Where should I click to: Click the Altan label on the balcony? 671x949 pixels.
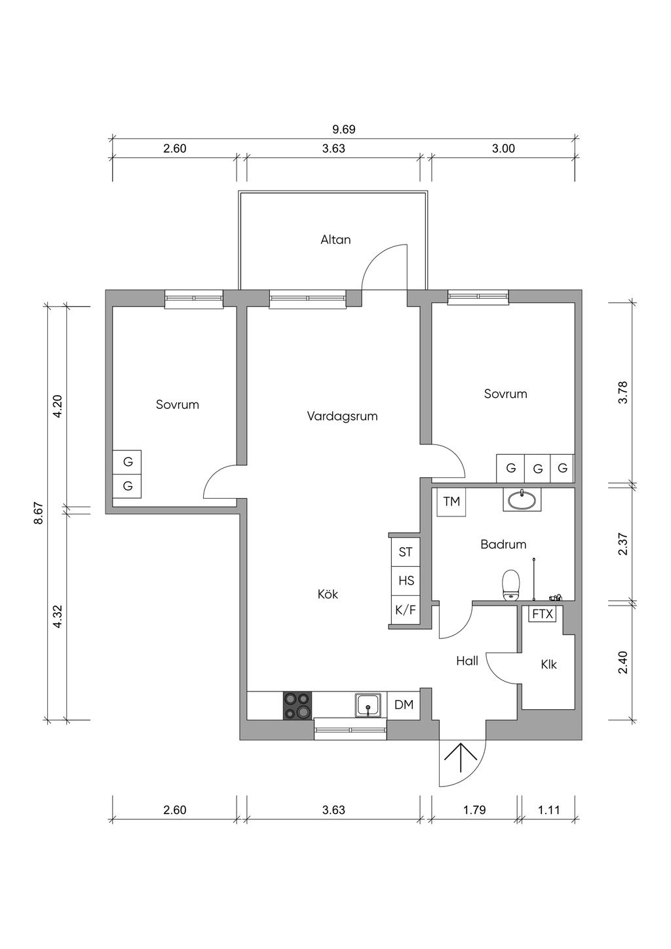coord(335,240)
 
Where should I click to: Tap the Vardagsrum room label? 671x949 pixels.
coord(342,416)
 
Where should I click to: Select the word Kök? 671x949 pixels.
coord(328,594)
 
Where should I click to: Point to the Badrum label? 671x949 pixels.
coord(503,545)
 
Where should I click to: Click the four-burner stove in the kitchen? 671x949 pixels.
coord(297,705)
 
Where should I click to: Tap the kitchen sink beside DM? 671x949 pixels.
coord(368,705)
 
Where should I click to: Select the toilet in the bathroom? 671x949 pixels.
coord(510,585)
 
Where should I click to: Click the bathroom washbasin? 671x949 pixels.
coord(522,499)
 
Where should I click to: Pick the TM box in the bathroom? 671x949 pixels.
coord(451,501)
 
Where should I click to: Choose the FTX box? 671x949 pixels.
coord(542,614)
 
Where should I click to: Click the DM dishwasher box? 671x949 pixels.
coord(404,705)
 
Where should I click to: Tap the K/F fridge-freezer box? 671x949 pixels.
coord(406,610)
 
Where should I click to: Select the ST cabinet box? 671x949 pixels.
coord(406,552)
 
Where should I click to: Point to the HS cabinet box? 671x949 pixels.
coord(406,581)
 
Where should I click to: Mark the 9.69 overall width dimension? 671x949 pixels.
coord(343,129)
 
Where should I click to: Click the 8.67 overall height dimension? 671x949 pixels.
coord(39,514)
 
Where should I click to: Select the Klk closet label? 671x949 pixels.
coord(548,665)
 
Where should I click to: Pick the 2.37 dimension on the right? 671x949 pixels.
coord(623,544)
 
